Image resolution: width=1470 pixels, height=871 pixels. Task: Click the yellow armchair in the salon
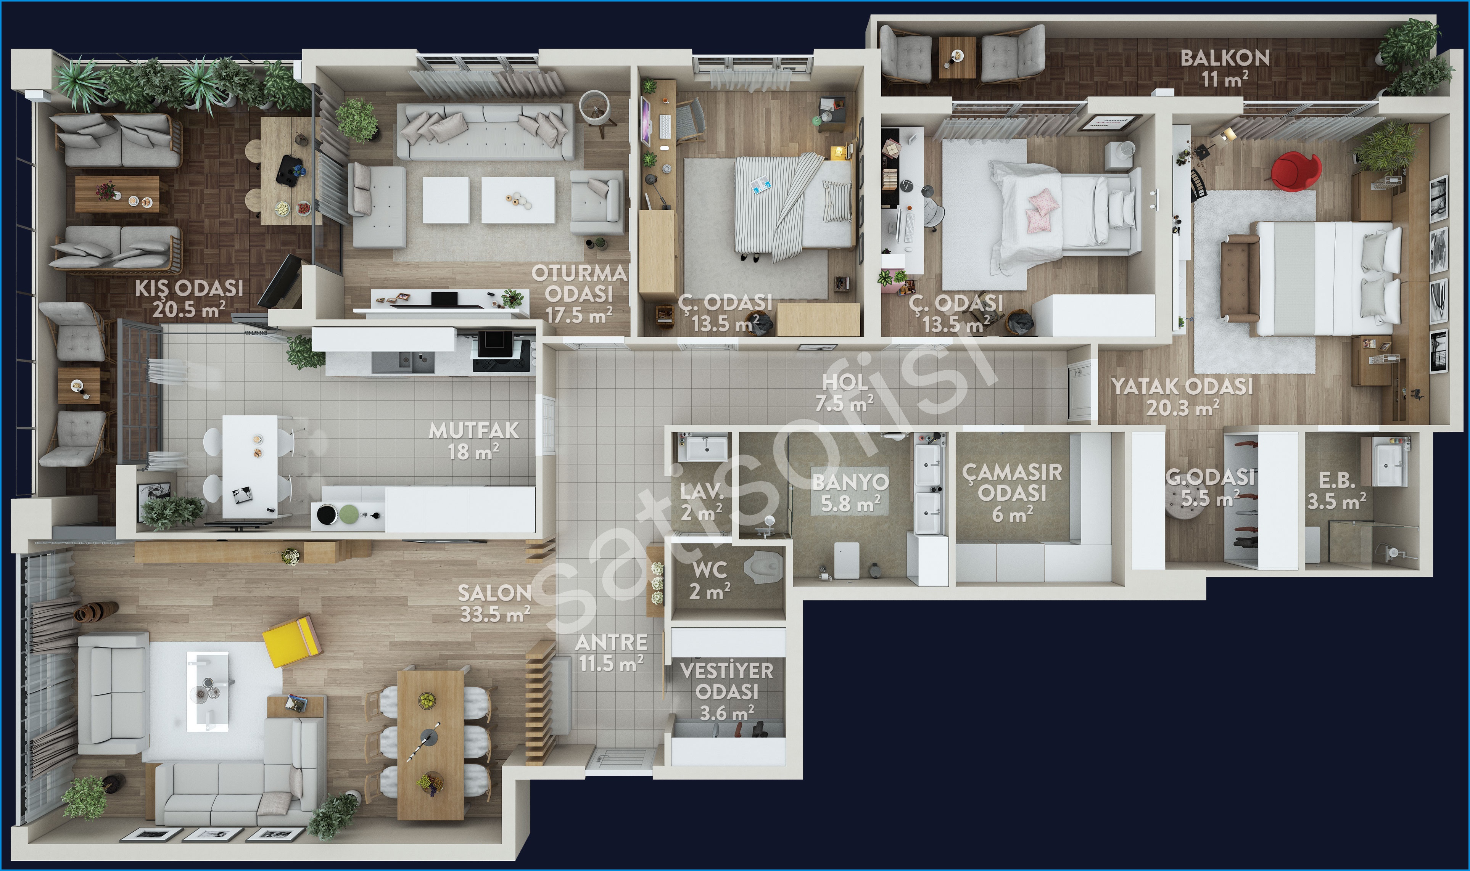(292, 640)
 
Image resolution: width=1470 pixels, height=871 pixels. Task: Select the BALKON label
(1225, 58)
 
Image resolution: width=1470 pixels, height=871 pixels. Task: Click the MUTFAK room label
(474, 431)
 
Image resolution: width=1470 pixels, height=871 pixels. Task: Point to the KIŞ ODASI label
(189, 288)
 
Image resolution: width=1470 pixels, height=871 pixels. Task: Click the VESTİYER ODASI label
(727, 681)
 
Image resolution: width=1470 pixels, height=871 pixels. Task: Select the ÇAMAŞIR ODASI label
(1013, 482)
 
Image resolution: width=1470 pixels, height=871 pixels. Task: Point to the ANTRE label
(611, 642)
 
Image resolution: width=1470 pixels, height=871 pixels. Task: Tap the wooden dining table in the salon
(430, 744)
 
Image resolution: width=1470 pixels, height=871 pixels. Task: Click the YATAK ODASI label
(1182, 387)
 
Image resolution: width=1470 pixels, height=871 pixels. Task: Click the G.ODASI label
(1210, 477)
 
